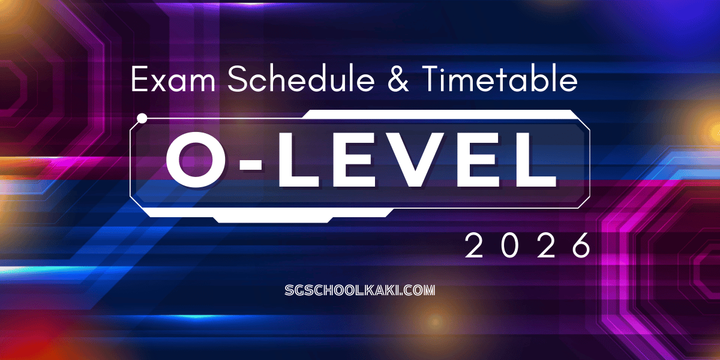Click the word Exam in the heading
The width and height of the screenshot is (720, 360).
173,79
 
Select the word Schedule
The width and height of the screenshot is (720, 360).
301,79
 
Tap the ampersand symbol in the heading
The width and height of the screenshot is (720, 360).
398,79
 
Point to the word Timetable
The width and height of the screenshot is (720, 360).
500,79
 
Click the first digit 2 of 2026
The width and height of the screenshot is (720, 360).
474,245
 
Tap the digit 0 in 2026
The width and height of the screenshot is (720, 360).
510,245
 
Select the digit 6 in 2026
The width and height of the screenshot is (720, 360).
582,245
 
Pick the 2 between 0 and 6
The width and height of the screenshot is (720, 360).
546,245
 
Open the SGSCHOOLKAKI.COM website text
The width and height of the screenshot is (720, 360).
360,290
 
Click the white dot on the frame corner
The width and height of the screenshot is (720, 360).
142,118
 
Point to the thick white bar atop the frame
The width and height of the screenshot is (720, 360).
440,114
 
